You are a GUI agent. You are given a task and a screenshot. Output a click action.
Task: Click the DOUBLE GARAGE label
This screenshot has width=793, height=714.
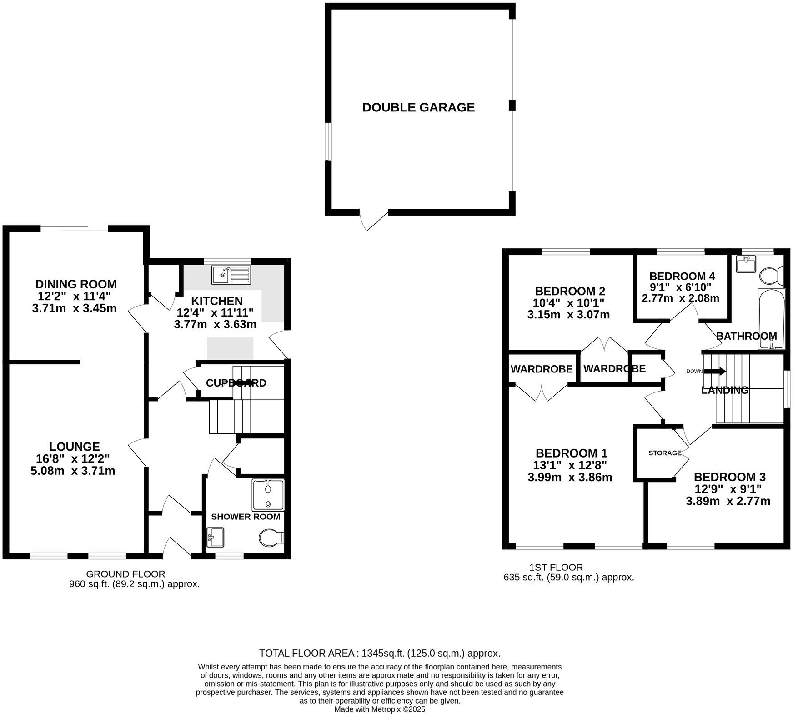pos(418,107)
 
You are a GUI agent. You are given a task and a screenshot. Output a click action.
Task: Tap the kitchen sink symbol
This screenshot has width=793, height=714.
pos(231,274)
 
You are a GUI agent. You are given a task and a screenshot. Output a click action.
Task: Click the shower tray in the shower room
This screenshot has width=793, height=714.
pos(268,495)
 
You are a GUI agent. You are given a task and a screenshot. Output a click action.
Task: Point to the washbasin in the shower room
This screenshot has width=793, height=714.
pos(215,537)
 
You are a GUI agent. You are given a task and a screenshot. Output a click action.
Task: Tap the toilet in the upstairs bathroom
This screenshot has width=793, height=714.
pos(772,275)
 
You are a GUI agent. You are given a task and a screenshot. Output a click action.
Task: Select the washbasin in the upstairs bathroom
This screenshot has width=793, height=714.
pos(746,264)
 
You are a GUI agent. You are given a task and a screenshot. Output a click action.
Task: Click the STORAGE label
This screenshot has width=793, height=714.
pos(665,453)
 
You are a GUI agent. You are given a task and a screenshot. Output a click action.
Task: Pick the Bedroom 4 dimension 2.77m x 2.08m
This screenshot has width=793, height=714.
pos(680,298)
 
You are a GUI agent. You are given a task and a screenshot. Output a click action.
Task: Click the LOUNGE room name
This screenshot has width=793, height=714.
pos(75,447)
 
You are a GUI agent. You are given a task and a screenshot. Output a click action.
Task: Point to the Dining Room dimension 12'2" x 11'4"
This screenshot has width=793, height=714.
pos(75,296)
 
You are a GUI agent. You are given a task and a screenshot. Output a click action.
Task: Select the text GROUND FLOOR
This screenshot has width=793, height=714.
pos(125,574)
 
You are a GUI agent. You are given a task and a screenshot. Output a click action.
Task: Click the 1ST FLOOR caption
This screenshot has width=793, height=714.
pos(556,567)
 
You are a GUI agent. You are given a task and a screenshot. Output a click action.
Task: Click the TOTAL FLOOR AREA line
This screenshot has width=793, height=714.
pos(380,653)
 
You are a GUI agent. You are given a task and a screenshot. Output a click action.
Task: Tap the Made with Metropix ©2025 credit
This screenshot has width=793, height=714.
pos(380,709)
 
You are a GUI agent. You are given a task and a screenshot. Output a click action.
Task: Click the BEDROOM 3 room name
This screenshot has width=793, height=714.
pos(729,477)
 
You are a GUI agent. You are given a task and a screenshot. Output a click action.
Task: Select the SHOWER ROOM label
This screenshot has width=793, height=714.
pos(246,517)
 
